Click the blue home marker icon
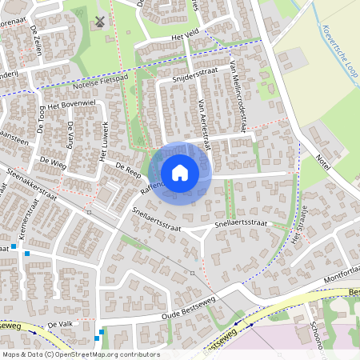180,173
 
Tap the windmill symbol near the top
99,22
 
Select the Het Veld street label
184,37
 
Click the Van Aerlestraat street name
203,125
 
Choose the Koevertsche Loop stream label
334,50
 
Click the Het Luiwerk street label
103,141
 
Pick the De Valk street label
60,324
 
